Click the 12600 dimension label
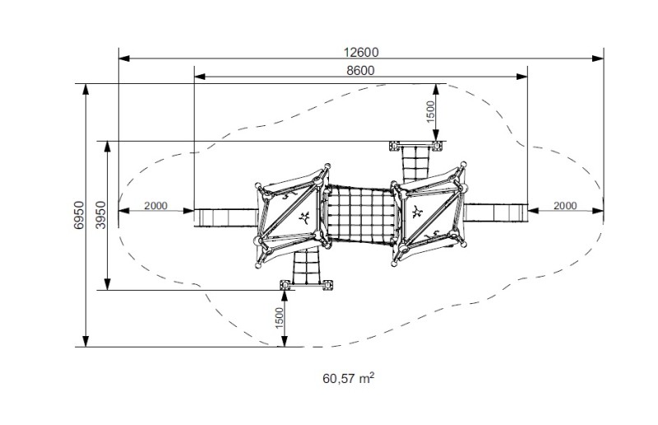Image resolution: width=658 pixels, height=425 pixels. coord(361,52)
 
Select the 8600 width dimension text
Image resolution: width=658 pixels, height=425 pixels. coord(360,70)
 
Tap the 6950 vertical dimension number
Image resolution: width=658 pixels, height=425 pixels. coord(79,215)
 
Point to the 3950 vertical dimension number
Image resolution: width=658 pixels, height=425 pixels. coord(101,215)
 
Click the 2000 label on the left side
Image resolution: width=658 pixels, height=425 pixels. coord(155,206)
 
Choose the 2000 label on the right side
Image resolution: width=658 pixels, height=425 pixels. coord(565,206)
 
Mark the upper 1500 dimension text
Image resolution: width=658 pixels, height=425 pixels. coord(431,112)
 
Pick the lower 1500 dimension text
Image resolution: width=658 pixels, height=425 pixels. coord(280,319)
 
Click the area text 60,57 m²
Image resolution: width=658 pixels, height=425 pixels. coord(348,378)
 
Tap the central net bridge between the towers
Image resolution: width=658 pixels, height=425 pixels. coord(359,214)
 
